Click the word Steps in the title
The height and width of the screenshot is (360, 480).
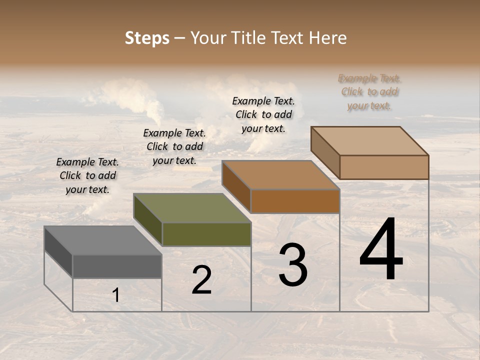pyautogui.click(x=147, y=38)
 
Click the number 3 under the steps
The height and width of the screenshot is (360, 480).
pyautogui.click(x=292, y=265)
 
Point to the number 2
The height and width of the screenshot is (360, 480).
pyautogui.click(x=201, y=280)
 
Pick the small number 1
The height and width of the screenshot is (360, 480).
pyautogui.click(x=116, y=295)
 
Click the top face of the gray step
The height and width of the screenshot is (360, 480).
pyautogui.click(x=102, y=240)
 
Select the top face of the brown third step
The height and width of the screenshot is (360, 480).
pyautogui.click(x=280, y=175)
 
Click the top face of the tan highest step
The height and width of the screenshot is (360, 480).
pyautogui.click(x=369, y=141)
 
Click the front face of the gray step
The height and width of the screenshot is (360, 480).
pyautogui.click(x=117, y=266)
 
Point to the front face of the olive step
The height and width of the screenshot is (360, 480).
pyautogui.click(x=206, y=234)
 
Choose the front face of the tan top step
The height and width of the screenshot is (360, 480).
pyautogui.click(x=384, y=167)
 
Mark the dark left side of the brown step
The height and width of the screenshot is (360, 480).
pyautogui.click(x=236, y=186)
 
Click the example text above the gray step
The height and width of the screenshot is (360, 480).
pyautogui.click(x=87, y=175)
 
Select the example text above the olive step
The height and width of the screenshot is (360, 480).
pyautogui.click(x=174, y=146)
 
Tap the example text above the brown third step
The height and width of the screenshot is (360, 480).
pyautogui.click(x=263, y=114)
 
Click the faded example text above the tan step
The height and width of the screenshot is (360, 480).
pyautogui.click(x=369, y=92)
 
